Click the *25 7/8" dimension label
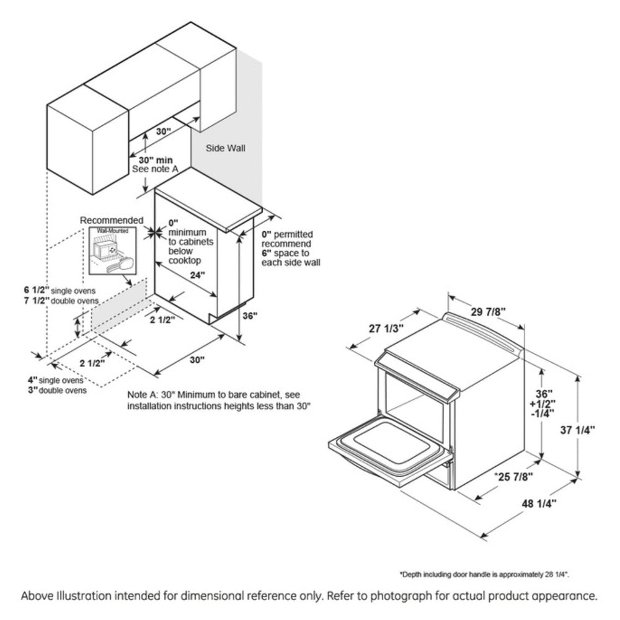coord(513,476)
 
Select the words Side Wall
coord(226,148)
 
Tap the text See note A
coord(155,170)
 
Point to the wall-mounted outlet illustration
coord(112,252)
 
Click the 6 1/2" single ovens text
coord(60,290)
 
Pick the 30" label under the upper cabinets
coord(163,131)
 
